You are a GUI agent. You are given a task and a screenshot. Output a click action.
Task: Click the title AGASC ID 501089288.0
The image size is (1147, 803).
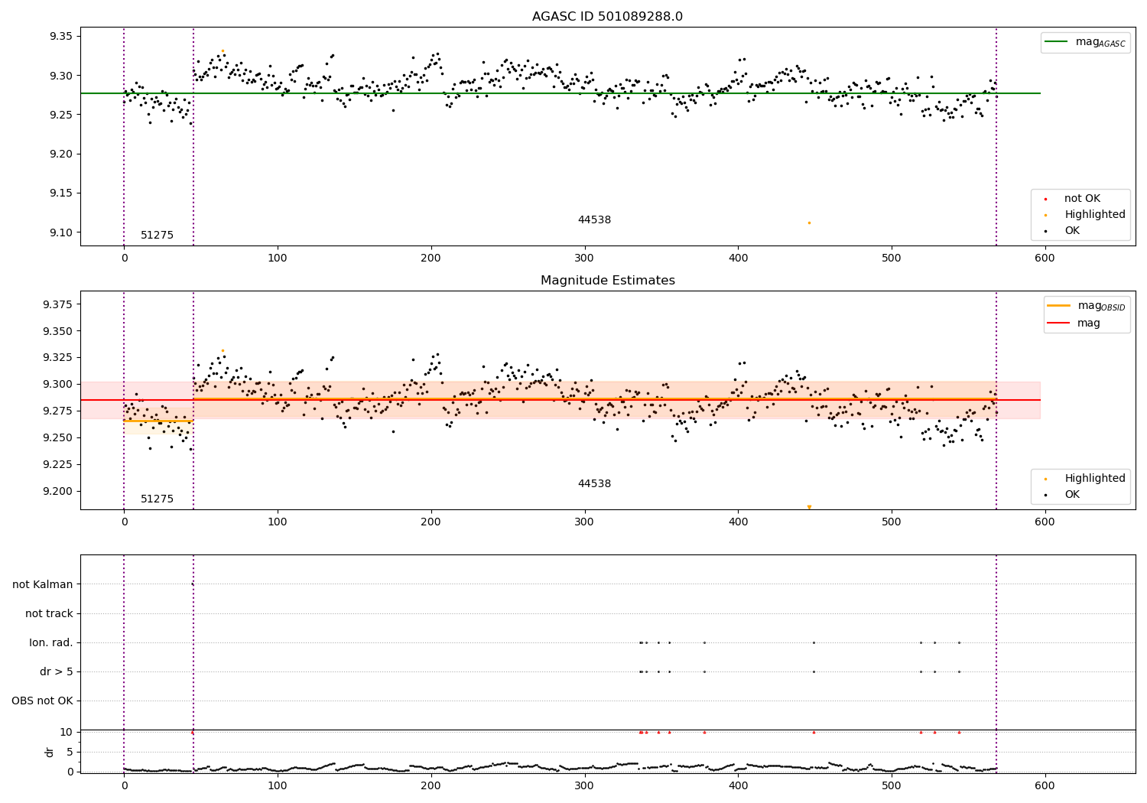607,17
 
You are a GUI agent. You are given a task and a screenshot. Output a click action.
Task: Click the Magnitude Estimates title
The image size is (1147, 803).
607,281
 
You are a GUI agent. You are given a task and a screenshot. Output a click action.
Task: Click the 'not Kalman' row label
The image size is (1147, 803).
43,584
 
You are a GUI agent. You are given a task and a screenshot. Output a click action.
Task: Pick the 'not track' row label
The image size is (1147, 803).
49,613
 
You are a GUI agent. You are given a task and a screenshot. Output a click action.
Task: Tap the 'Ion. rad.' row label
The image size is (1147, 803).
51,642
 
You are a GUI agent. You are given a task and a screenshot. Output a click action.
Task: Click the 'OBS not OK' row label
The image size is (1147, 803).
42,701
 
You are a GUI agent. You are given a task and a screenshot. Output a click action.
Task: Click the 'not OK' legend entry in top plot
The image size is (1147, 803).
1082,199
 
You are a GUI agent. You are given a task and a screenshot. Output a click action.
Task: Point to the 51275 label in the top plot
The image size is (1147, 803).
157,235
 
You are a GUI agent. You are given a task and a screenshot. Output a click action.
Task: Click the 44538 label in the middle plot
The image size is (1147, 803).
594,483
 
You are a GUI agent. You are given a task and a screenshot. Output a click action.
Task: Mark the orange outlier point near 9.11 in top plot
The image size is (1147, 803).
809,223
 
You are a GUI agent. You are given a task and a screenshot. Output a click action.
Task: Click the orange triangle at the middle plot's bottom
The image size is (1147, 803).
809,507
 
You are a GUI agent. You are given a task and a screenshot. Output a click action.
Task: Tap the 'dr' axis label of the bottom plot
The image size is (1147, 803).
50,752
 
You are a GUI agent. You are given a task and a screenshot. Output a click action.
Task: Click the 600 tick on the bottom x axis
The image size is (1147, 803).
1045,785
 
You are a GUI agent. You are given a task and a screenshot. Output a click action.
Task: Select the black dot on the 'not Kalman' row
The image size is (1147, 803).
193,584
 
